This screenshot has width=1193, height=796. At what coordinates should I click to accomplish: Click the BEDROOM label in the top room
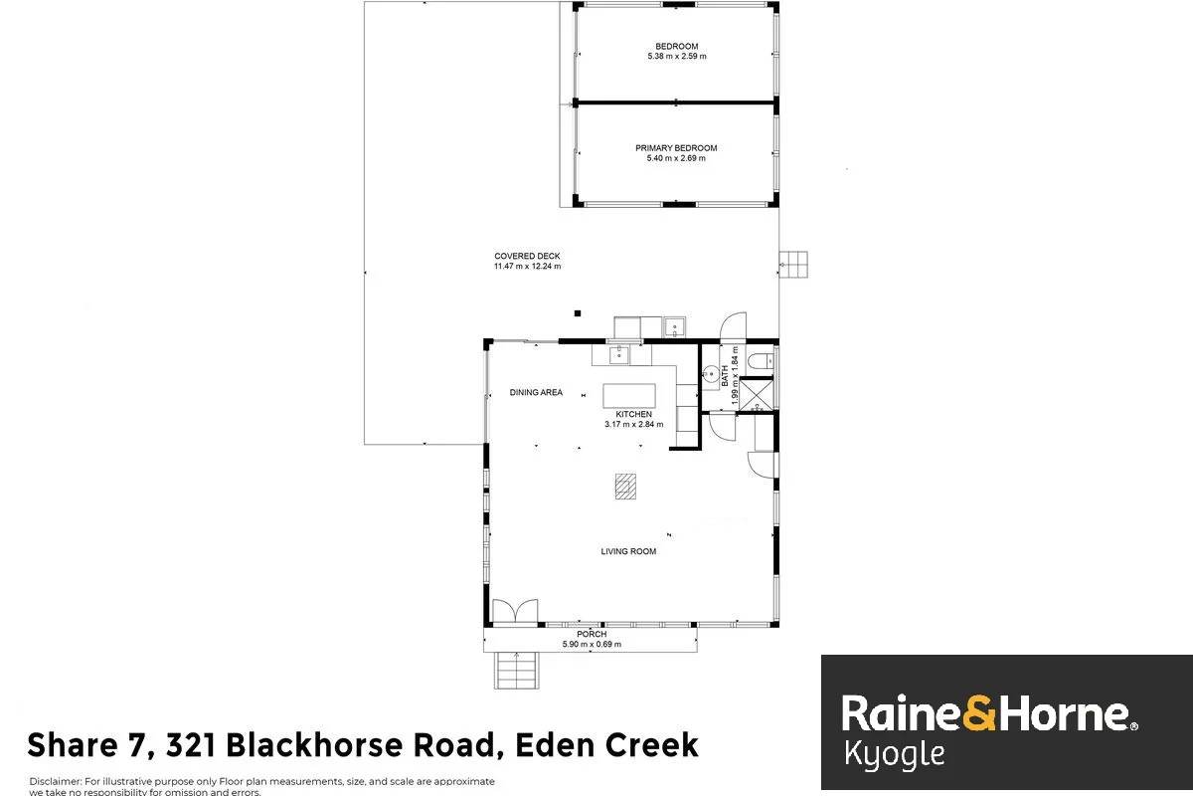tap(676, 46)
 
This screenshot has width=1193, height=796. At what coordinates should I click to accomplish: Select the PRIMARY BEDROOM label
tap(676, 148)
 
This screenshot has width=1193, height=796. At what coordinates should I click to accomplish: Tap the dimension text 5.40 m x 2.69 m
tap(676, 159)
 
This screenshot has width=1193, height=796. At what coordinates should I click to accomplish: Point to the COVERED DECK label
tap(527, 256)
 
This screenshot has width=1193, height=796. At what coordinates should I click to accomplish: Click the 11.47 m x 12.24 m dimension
tap(527, 267)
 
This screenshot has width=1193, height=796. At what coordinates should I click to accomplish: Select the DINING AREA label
tap(536, 393)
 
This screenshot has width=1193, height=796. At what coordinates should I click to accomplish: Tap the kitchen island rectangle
tap(630, 395)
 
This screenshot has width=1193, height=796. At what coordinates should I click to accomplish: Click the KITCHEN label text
tap(634, 414)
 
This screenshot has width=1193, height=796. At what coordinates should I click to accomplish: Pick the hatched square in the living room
tap(623, 486)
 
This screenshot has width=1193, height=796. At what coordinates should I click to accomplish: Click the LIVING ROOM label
tap(628, 551)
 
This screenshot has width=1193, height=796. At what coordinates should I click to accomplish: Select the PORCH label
tap(592, 634)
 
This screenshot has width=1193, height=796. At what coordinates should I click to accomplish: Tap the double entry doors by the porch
tap(515, 611)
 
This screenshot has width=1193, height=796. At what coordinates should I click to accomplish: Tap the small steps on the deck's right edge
tap(793, 264)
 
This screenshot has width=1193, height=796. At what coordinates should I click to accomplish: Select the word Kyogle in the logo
tap(894, 754)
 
